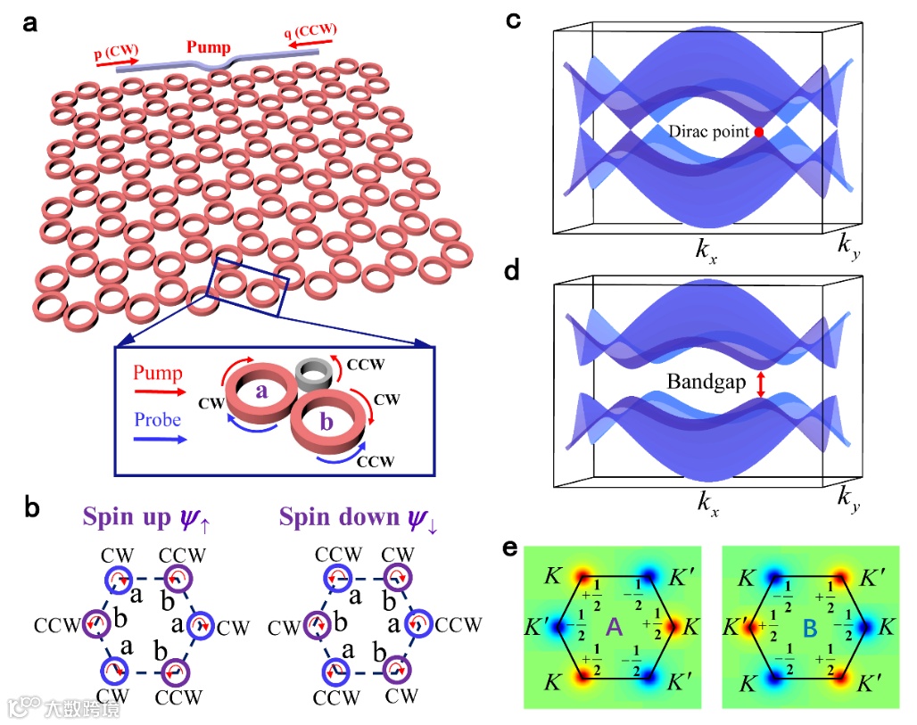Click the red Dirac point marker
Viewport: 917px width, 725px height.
(x=759, y=132)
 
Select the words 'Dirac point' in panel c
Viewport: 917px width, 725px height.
(x=710, y=132)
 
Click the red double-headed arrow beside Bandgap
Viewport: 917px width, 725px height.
(x=759, y=384)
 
